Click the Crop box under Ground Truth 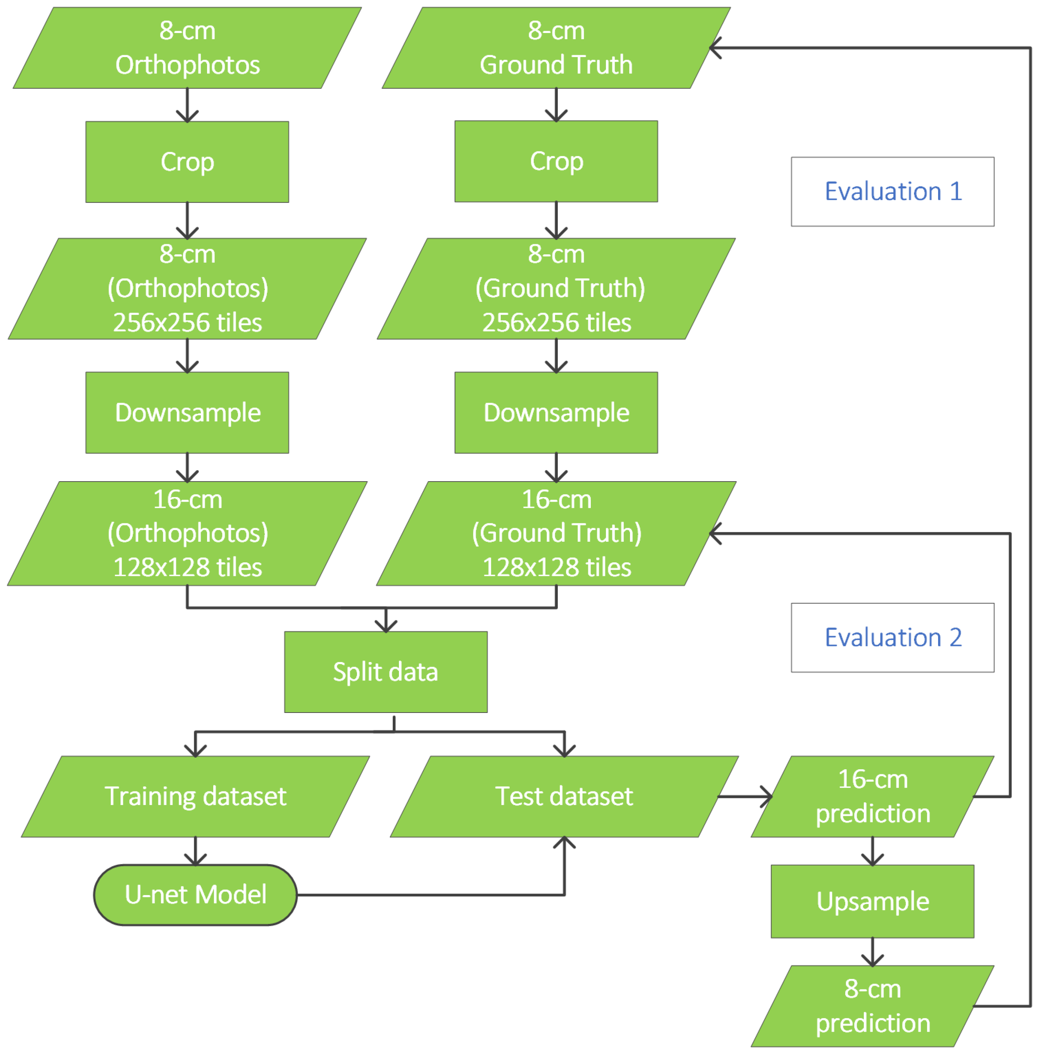(556, 161)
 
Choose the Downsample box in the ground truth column (556, 413)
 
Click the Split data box (385, 672)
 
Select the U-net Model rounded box (195, 895)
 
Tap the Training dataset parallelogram (195, 796)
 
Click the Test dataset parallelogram (564, 796)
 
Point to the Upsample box (872, 901)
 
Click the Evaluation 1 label (892, 191)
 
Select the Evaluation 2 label (892, 637)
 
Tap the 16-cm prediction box (872, 796)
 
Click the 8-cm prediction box (872, 1006)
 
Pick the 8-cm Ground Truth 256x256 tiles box (556, 288)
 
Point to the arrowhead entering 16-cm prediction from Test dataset (767, 796)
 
